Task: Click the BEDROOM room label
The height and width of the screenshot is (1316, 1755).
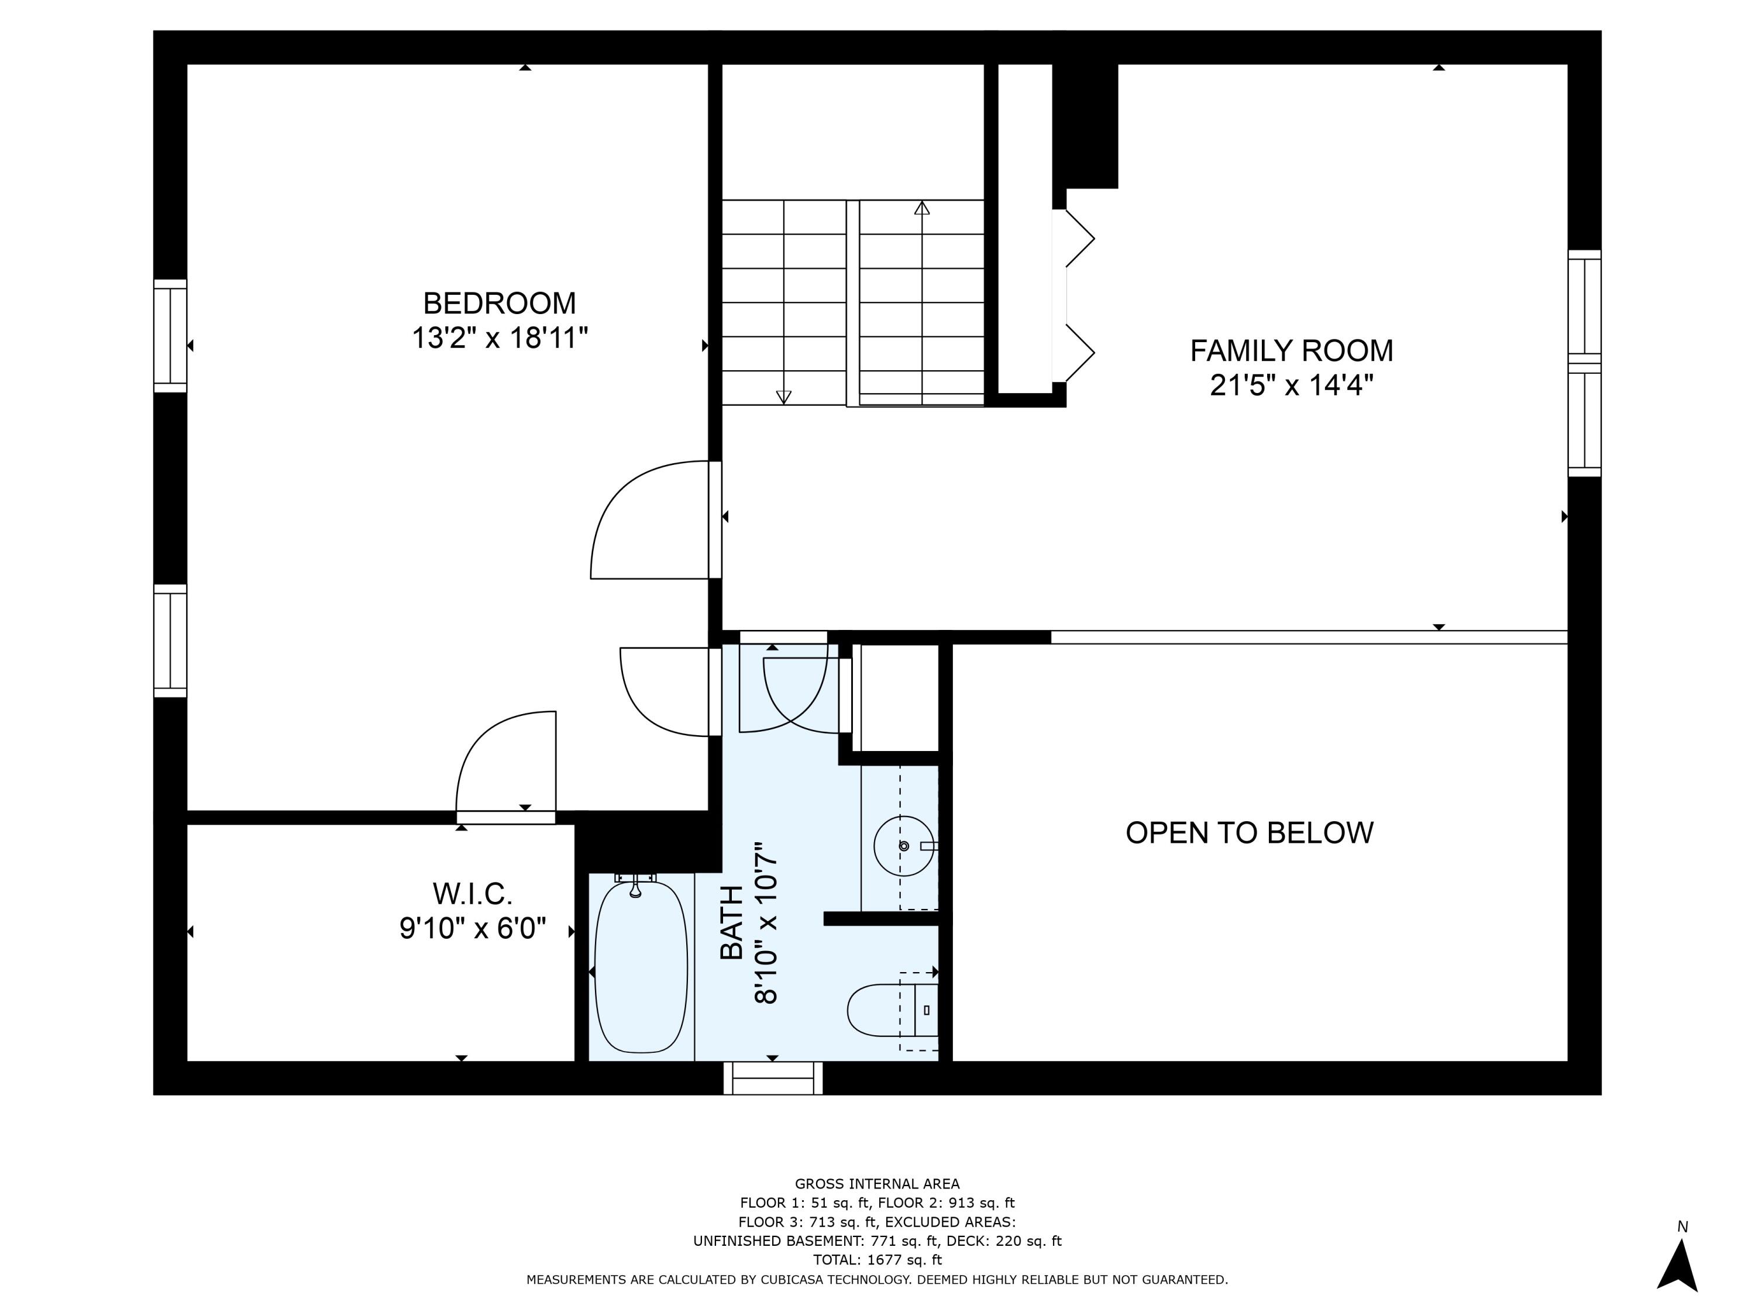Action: point(499,303)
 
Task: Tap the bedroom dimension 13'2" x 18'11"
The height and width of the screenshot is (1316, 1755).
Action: point(499,339)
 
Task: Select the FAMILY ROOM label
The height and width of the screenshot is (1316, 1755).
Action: point(1291,350)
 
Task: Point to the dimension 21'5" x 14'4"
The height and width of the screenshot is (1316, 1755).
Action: point(1291,386)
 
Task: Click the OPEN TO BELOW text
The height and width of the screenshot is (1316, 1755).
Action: point(1249,833)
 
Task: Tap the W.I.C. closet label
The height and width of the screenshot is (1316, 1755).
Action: point(472,894)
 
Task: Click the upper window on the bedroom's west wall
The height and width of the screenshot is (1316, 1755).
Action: point(170,336)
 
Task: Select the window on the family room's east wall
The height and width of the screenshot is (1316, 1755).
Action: point(1584,363)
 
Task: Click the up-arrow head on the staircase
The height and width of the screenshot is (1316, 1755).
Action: point(921,208)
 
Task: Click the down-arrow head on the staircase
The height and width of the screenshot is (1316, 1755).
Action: point(783,397)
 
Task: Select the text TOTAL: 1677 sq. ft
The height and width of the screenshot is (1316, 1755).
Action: point(877,1259)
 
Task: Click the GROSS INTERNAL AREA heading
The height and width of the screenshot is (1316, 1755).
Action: point(877,1184)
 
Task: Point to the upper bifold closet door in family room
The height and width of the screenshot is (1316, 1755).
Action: point(1079,238)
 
